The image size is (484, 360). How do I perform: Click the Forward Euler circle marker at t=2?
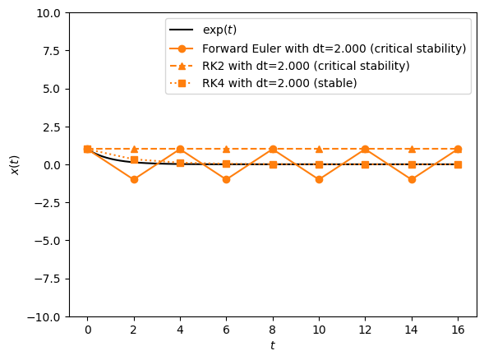click(x=134, y=179)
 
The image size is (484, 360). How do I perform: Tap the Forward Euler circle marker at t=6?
click(x=226, y=179)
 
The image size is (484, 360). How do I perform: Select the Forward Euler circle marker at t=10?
click(x=319, y=179)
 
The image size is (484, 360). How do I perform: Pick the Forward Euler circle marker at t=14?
click(x=412, y=179)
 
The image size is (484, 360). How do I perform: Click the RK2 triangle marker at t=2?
click(x=134, y=149)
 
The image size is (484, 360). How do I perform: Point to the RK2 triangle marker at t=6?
click(x=226, y=149)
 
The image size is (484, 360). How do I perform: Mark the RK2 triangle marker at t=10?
click(x=319, y=149)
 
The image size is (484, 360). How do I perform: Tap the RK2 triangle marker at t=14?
click(x=412, y=149)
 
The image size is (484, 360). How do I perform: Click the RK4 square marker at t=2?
click(x=134, y=159)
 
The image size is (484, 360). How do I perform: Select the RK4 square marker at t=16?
click(x=458, y=164)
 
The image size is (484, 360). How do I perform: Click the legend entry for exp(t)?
click(x=219, y=30)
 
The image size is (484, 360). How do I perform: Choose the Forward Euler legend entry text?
click(x=334, y=48)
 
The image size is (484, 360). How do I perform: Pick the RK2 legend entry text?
click(x=306, y=66)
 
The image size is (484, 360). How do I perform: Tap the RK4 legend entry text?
click(x=279, y=83)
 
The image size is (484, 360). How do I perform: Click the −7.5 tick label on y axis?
click(x=44, y=279)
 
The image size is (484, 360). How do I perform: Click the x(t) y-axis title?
click(x=14, y=164)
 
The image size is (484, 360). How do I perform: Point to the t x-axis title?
click(x=273, y=346)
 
